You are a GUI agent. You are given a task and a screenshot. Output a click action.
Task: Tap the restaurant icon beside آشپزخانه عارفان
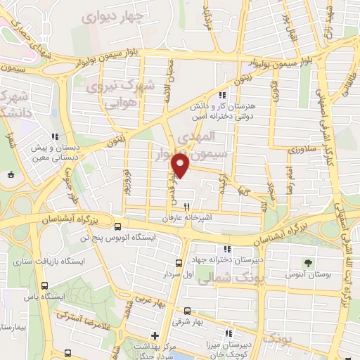click(x=186, y=207)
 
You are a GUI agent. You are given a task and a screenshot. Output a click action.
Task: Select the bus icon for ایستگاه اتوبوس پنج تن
click(x=117, y=226)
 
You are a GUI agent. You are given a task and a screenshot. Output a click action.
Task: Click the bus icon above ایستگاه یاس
click(x=45, y=285)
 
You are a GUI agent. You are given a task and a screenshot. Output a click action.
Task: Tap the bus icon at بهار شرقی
click(x=186, y=310)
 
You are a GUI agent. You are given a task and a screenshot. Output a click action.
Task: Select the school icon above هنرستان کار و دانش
click(x=222, y=95)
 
